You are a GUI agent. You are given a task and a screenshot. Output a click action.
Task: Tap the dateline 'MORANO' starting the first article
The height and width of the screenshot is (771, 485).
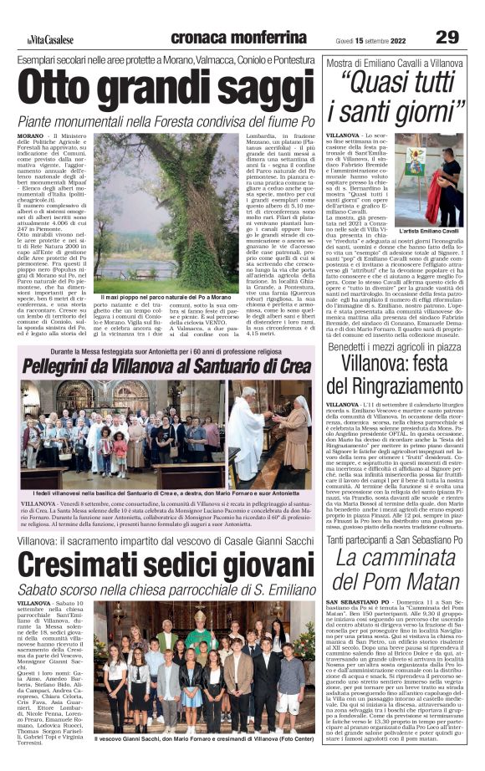29,135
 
